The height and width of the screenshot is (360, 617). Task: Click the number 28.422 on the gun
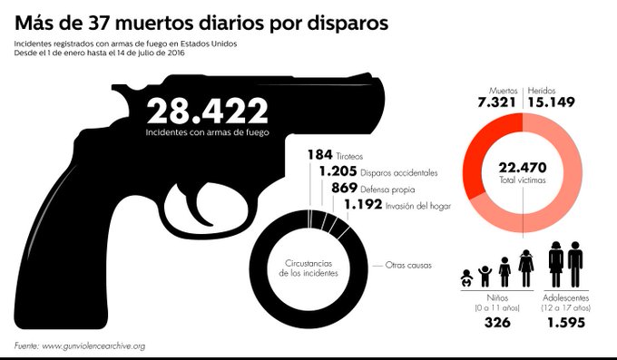click(207, 112)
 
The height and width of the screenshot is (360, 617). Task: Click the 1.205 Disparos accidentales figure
click(338, 172)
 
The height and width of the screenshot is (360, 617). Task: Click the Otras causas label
click(408, 266)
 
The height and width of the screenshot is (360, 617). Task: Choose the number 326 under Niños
click(495, 324)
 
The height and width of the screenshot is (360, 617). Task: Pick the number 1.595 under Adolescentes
click(567, 324)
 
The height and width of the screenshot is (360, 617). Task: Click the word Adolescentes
click(567, 297)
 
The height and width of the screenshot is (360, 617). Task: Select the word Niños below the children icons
click(496, 297)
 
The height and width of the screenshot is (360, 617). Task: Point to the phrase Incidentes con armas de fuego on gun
click(207, 132)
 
